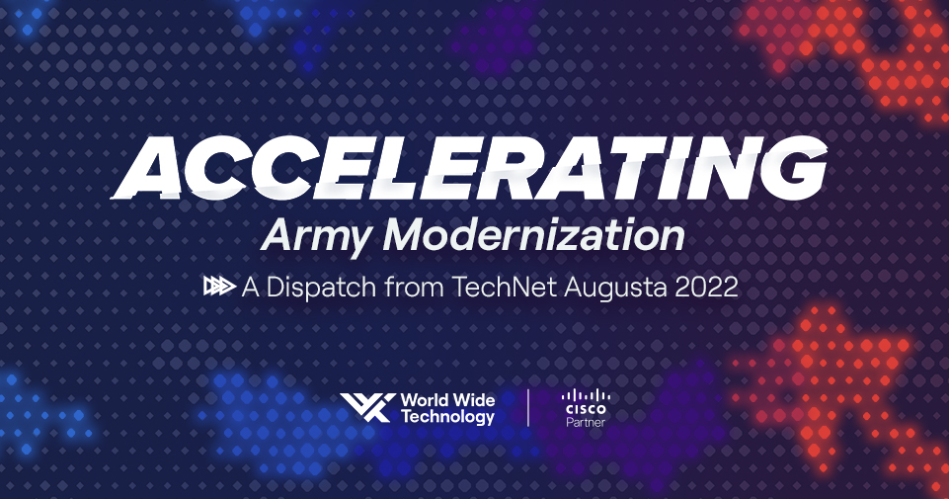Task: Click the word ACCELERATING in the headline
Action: coord(469,168)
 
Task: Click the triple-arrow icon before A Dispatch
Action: coord(219,286)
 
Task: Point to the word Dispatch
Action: coord(321,287)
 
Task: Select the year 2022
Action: coord(706,287)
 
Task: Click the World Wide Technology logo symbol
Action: coord(367,407)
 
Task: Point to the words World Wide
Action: coord(448,400)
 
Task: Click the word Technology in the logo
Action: coord(448,417)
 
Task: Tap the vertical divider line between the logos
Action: coord(528,407)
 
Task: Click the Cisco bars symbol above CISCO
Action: coord(586,395)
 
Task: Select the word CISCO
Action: coord(586,410)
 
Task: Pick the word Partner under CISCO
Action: coord(586,422)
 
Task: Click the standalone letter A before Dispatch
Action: coord(251,287)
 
